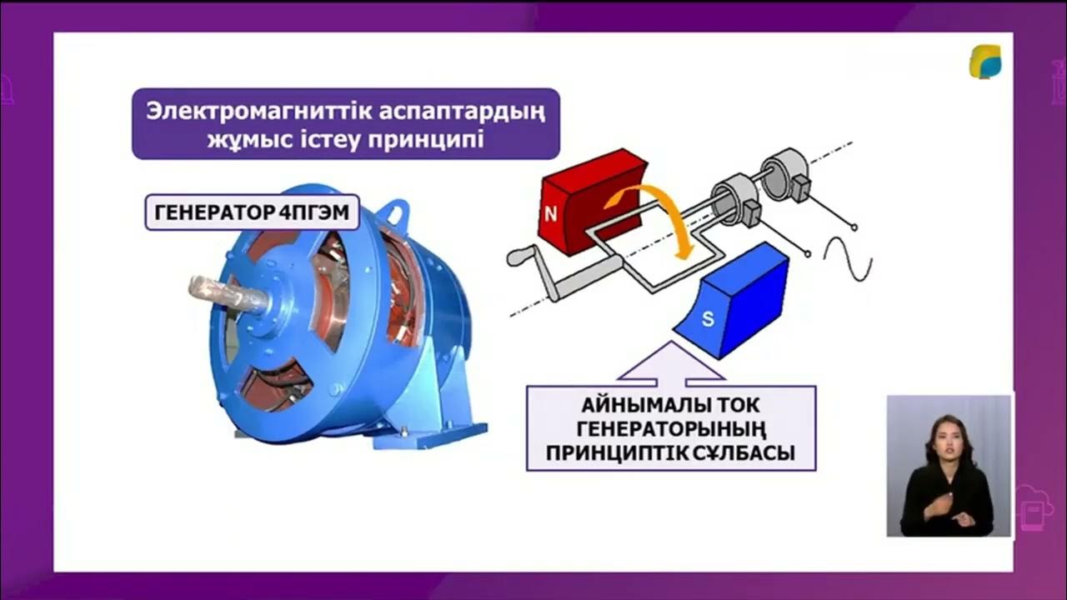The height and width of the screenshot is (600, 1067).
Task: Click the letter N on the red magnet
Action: [550, 214]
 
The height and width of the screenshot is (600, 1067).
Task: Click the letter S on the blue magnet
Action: [707, 319]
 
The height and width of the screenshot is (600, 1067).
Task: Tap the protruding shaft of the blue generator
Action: [218, 291]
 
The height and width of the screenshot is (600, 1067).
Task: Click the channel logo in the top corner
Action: [984, 62]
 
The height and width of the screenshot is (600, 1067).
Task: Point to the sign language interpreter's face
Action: [948, 442]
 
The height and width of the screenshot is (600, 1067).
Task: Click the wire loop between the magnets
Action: [642, 267]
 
